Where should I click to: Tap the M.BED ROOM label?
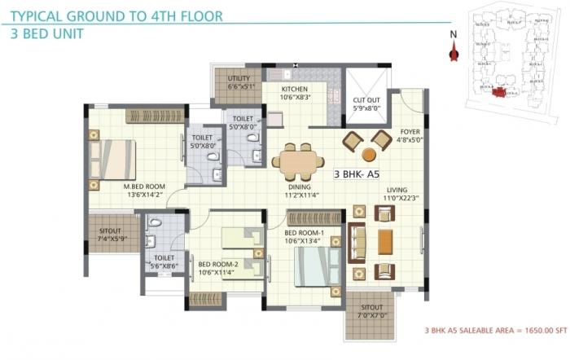click(x=144, y=187)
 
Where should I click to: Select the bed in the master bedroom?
click(x=113, y=160)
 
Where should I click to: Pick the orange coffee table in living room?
click(x=385, y=242)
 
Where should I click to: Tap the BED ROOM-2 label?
click(x=218, y=264)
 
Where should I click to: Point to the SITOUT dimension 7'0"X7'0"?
click(x=370, y=314)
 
